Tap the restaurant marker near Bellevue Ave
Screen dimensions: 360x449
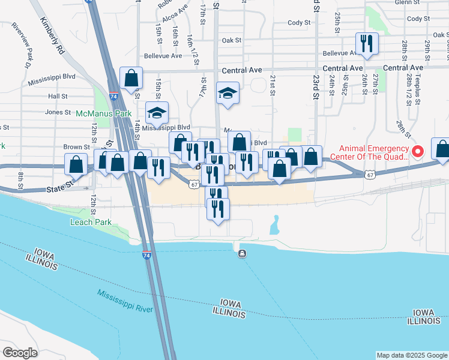366,44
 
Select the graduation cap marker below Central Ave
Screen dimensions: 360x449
228,94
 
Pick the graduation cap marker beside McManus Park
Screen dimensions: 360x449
157,113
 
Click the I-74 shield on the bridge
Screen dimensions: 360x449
147,255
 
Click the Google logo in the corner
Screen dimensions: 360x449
20,353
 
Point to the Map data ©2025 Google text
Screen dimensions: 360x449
412,355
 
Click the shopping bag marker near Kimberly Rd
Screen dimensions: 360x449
130,78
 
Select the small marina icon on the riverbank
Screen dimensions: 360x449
242,253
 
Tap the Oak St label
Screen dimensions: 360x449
231,40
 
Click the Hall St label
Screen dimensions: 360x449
58,96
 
